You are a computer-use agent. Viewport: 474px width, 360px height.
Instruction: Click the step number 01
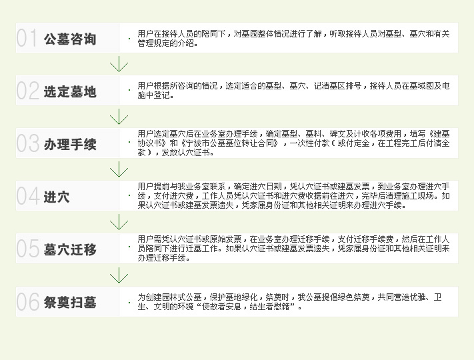[x=27, y=39]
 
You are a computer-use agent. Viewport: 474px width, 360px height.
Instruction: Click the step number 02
[x=28, y=91]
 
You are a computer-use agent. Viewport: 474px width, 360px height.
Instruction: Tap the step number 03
[x=28, y=143]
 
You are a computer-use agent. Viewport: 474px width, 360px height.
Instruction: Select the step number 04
[x=28, y=197]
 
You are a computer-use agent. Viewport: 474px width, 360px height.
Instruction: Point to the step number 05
[x=28, y=249]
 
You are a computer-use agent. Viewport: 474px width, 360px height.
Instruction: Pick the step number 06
[x=28, y=302]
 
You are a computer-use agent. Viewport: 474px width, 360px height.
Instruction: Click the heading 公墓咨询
[x=70, y=39]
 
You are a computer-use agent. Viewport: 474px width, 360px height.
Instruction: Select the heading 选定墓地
[x=70, y=91]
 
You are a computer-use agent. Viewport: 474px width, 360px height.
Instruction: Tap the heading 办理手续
[x=70, y=144]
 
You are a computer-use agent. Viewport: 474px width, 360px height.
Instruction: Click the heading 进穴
[x=57, y=197]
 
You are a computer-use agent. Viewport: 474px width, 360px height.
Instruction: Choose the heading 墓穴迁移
[x=70, y=250]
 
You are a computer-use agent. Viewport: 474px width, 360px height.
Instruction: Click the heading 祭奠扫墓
[x=70, y=303]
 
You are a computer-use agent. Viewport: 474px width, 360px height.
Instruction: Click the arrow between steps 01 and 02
[x=119, y=65]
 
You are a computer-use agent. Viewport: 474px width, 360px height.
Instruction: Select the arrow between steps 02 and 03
[x=119, y=117]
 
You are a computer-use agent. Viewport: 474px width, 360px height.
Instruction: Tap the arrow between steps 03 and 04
[x=119, y=170]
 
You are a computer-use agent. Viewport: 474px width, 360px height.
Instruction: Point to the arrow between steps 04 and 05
[x=119, y=223]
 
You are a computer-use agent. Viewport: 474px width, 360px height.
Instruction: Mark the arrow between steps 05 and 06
[x=119, y=275]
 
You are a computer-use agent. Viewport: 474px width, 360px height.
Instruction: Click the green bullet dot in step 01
[x=129, y=39]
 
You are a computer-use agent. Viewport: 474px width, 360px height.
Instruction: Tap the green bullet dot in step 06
[x=129, y=303]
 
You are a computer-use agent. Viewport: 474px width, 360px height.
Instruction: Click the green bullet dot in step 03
[x=129, y=143]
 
